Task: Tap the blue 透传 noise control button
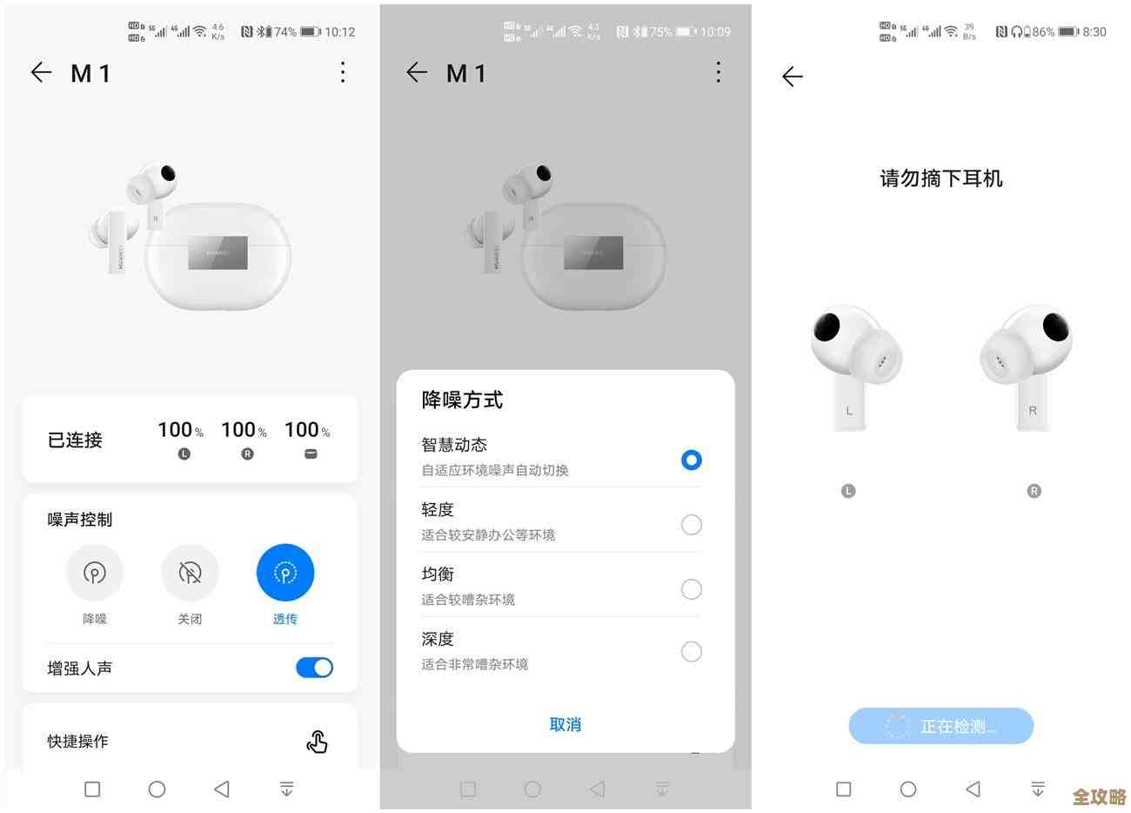(x=284, y=573)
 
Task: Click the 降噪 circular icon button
(x=94, y=573)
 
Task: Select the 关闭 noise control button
(x=190, y=573)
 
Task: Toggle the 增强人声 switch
(x=314, y=668)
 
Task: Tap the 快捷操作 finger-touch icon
(x=317, y=742)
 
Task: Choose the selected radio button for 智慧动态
(x=691, y=460)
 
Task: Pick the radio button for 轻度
(x=691, y=525)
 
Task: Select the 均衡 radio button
(x=691, y=589)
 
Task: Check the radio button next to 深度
(x=691, y=652)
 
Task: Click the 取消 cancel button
(x=565, y=724)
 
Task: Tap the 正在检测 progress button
(x=940, y=726)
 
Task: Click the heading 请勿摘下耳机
(x=941, y=178)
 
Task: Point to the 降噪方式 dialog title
(x=462, y=400)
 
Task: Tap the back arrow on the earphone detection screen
(x=792, y=77)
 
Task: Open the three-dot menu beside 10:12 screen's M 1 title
(x=343, y=72)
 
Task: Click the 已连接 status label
(x=75, y=440)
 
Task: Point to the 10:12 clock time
(x=339, y=32)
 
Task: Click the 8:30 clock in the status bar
(x=1094, y=32)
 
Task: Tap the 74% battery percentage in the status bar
(x=284, y=32)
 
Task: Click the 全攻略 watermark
(x=1099, y=796)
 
